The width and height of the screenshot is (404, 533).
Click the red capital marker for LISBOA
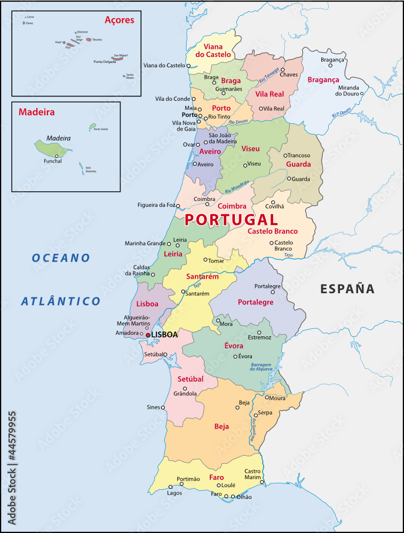pos(148,335)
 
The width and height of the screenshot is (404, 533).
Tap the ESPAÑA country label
pos(347,289)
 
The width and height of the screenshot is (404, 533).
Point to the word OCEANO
pos(61,258)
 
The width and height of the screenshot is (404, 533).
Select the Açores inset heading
pos(119,20)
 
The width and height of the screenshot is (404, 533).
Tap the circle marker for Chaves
pos(283,70)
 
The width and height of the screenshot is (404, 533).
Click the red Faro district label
pos(217,477)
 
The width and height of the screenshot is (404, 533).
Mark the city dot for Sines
pos(163,407)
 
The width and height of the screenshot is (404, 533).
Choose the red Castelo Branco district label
pos(273,231)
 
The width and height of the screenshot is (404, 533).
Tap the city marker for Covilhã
pos(273,202)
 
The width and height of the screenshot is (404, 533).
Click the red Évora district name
pos(234,346)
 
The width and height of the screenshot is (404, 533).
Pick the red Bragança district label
pos(323,80)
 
